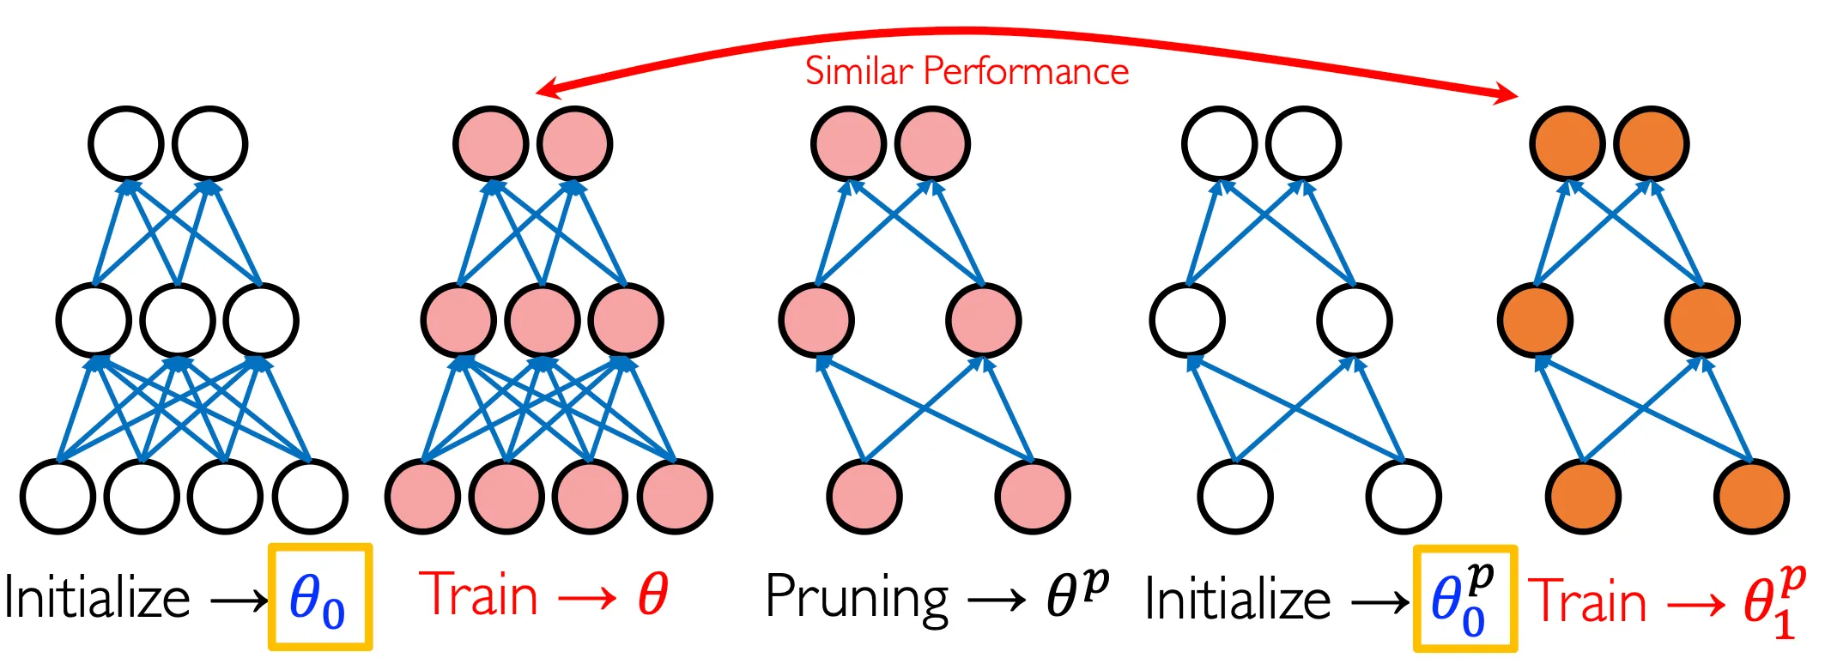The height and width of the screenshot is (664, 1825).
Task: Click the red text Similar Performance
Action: point(967,71)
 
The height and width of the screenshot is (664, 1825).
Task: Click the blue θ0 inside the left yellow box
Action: point(317,599)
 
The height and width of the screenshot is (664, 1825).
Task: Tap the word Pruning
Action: point(857,597)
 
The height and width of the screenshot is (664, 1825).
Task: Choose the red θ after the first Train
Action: point(652,594)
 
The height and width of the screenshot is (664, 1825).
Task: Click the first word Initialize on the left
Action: point(97,598)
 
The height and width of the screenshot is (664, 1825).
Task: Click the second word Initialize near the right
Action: point(1238,600)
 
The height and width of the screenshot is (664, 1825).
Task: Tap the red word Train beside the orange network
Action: point(1588,601)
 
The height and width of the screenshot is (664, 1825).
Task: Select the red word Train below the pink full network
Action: point(479,594)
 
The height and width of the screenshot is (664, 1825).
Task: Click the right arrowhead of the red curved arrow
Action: point(1507,94)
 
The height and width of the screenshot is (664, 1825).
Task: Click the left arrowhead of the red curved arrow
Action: point(546,89)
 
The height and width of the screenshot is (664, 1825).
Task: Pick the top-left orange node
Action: point(1567,143)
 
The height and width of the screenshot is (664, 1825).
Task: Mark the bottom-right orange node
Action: point(1751,496)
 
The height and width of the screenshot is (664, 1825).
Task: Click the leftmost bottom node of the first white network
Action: point(58,496)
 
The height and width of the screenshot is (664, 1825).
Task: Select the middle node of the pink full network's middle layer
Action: point(543,320)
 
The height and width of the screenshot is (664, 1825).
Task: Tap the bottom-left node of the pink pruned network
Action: point(864,496)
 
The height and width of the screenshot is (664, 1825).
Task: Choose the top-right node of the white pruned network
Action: point(1303,143)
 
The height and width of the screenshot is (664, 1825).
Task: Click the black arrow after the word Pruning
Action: point(997,600)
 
